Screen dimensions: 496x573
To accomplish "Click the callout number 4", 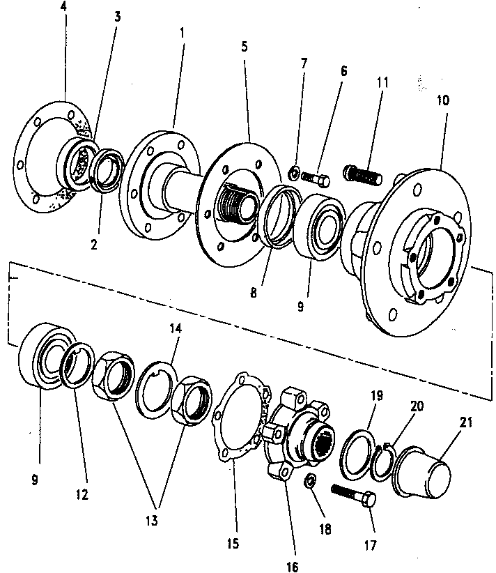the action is click(63, 7).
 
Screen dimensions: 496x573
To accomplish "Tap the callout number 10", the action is click(442, 100).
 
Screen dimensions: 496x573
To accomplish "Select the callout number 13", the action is click(152, 520).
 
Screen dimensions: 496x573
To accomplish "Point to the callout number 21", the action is click(465, 422).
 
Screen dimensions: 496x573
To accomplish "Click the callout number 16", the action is click(292, 566).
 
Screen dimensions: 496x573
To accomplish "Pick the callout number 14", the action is click(176, 328).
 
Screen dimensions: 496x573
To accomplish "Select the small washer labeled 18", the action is click(310, 480).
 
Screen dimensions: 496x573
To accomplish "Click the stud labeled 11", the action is click(363, 175).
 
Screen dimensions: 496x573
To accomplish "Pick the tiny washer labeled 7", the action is click(294, 173).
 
